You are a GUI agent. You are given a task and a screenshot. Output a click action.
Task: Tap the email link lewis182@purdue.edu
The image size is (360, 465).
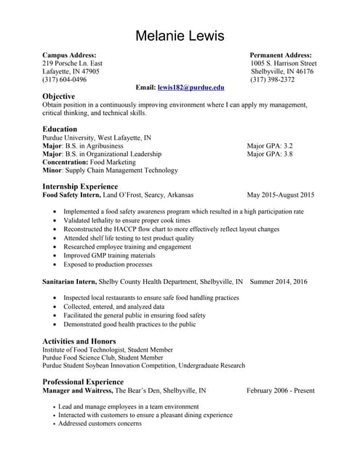tap(191, 87)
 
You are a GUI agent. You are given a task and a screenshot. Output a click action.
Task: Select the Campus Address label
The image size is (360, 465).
tap(69, 55)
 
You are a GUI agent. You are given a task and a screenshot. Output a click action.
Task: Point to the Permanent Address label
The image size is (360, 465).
tap(281, 55)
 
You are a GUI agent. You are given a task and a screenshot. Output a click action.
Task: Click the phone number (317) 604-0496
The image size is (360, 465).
tap(65, 79)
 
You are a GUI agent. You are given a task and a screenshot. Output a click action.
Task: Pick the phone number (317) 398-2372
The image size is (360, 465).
tap(272, 79)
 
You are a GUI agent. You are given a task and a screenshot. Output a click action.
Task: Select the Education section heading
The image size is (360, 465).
tap(60, 129)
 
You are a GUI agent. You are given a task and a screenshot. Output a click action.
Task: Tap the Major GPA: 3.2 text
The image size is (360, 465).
tap(269, 145)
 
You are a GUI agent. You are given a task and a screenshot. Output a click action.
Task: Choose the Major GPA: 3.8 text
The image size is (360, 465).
tap(269, 154)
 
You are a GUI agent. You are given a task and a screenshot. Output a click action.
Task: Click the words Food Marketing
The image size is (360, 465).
tap(113, 162)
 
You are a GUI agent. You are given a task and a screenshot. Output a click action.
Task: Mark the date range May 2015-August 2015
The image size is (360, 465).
tap(281, 195)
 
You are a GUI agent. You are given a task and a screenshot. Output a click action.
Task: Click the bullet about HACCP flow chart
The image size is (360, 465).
tap(171, 229)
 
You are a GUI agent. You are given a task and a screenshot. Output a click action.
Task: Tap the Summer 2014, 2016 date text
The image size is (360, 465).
tap(278, 281)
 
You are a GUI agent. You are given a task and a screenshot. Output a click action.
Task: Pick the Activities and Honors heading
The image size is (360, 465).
tap(79, 341)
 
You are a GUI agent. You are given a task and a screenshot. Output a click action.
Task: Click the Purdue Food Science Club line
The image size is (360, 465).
tap(103, 357)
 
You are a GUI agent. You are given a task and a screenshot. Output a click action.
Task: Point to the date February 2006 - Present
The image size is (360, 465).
tap(280, 390)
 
